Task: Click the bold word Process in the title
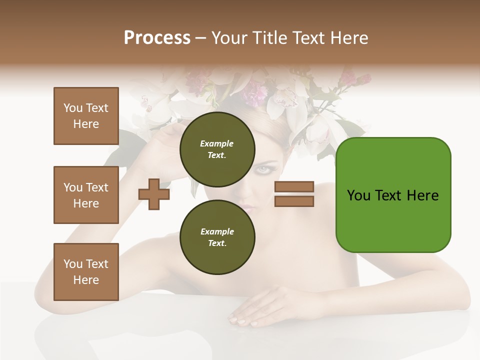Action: coord(157,37)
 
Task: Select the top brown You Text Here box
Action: coord(86,116)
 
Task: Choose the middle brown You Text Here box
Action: coord(86,195)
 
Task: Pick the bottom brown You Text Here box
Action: coord(86,272)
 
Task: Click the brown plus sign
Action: coord(154,194)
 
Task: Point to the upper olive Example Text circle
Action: coord(217,149)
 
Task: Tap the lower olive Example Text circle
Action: coord(217,237)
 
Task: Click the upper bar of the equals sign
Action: coord(294,186)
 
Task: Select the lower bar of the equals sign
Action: coord(294,201)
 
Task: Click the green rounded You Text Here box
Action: coord(393,195)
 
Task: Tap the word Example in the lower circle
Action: coord(217,231)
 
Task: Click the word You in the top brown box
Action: coord(72,108)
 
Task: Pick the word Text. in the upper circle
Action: coord(217,155)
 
